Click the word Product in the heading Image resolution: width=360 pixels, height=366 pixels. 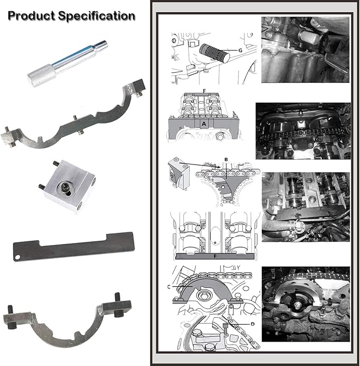(x=31, y=16)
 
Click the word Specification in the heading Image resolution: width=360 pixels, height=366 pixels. (x=96, y=16)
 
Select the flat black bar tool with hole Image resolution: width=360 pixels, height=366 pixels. (x=74, y=247)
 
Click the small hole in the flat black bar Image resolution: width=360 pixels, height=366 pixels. (x=17, y=257)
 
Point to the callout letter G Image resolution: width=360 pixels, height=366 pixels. (x=240, y=50)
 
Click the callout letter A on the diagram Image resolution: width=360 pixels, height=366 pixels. (x=204, y=124)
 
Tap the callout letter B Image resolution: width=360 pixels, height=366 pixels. (x=226, y=160)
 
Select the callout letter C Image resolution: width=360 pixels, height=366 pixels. (x=169, y=286)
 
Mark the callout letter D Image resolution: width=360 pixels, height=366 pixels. (x=253, y=324)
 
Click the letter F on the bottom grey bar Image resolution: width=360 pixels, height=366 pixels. (x=215, y=257)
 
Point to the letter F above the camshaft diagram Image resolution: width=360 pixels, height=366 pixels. (x=204, y=91)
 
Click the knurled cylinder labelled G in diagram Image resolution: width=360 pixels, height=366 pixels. (x=214, y=53)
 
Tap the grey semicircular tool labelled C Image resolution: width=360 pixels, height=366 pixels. (x=203, y=290)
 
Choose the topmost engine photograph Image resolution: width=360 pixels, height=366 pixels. (x=305, y=50)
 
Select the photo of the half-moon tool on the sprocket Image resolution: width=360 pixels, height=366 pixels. (x=305, y=304)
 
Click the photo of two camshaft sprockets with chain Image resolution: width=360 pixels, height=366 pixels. (x=303, y=131)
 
